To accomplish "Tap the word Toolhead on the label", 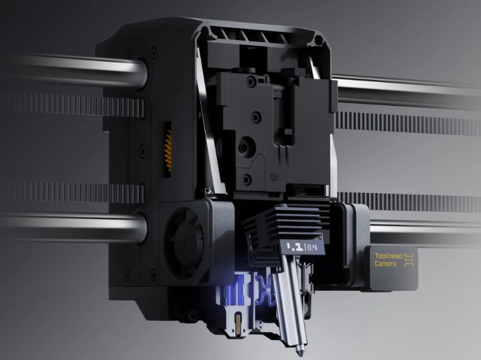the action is click(x=389, y=256).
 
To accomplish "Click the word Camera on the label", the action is click(x=385, y=264).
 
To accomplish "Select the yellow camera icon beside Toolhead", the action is click(x=409, y=260).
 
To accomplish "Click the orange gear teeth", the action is click(x=168, y=150).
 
